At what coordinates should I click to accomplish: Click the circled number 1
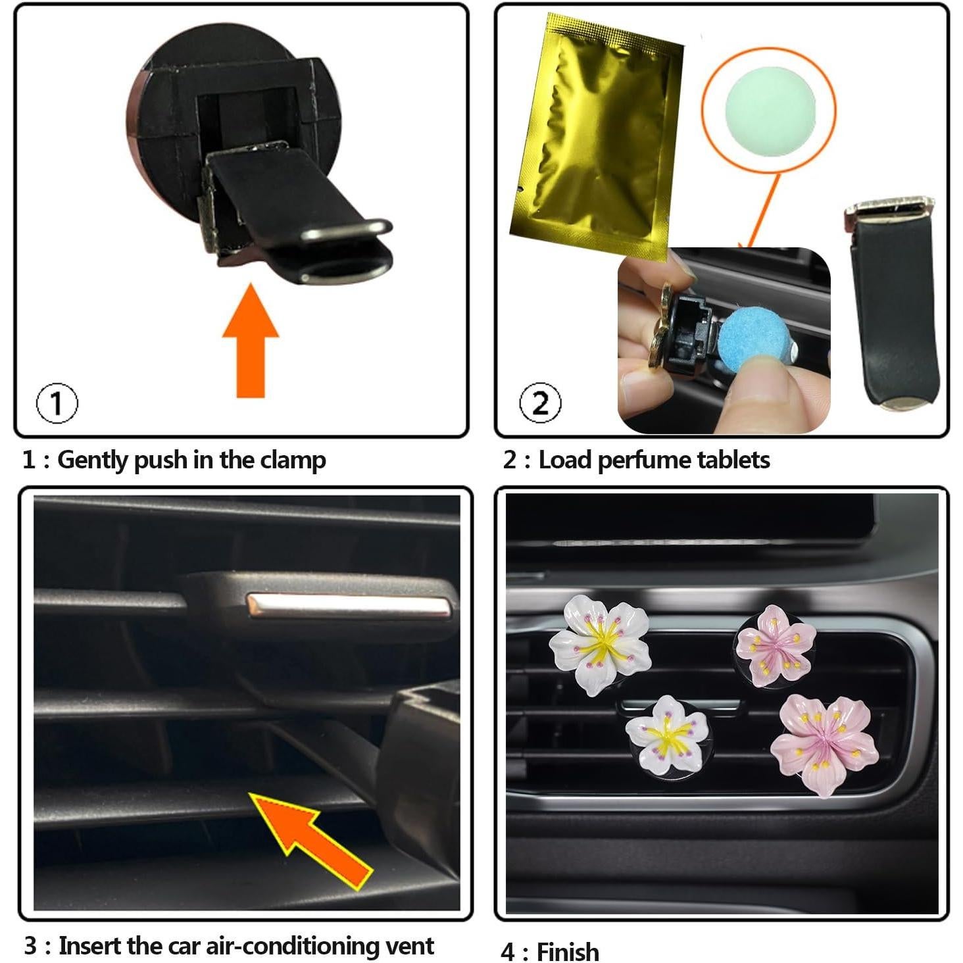coord(57,403)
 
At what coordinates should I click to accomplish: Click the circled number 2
coord(540,403)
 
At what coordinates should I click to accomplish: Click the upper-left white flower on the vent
coord(600,644)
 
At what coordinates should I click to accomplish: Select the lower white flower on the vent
coord(668,734)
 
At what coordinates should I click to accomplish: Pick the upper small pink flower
coord(776,646)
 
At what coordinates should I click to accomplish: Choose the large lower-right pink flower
coord(824,743)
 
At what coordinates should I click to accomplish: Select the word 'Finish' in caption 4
coord(568,952)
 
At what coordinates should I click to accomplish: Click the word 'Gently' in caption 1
coord(93,460)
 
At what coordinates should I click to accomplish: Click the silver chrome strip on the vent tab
coord(349,606)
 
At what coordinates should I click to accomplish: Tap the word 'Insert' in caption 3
coord(89,946)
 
